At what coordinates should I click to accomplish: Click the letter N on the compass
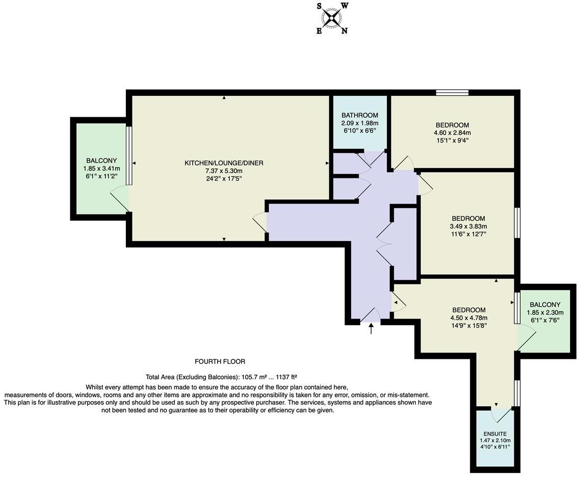[x=344, y=31]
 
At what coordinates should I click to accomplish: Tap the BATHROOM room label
[x=360, y=115]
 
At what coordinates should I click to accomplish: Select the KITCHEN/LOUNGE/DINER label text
[x=224, y=163]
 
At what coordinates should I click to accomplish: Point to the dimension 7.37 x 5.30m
[x=224, y=171]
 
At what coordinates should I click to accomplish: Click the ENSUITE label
[x=495, y=434]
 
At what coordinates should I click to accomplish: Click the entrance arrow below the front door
[x=371, y=329]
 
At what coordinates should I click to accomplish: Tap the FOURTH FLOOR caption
[x=220, y=361]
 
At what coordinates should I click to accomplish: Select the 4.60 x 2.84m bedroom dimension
[x=453, y=132]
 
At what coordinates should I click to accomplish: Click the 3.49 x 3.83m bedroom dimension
[x=468, y=226]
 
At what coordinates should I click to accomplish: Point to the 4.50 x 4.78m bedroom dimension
[x=469, y=318]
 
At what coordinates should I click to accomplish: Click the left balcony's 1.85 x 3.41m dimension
[x=101, y=168]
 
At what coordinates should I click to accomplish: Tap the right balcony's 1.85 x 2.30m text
[x=545, y=312]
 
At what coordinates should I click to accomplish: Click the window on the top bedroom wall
[x=453, y=92]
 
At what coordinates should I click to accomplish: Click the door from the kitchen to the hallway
[x=260, y=223]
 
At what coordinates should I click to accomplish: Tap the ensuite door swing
[x=502, y=415]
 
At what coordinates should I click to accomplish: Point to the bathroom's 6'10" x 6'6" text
[x=360, y=130]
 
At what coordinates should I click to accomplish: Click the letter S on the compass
[x=320, y=6]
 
